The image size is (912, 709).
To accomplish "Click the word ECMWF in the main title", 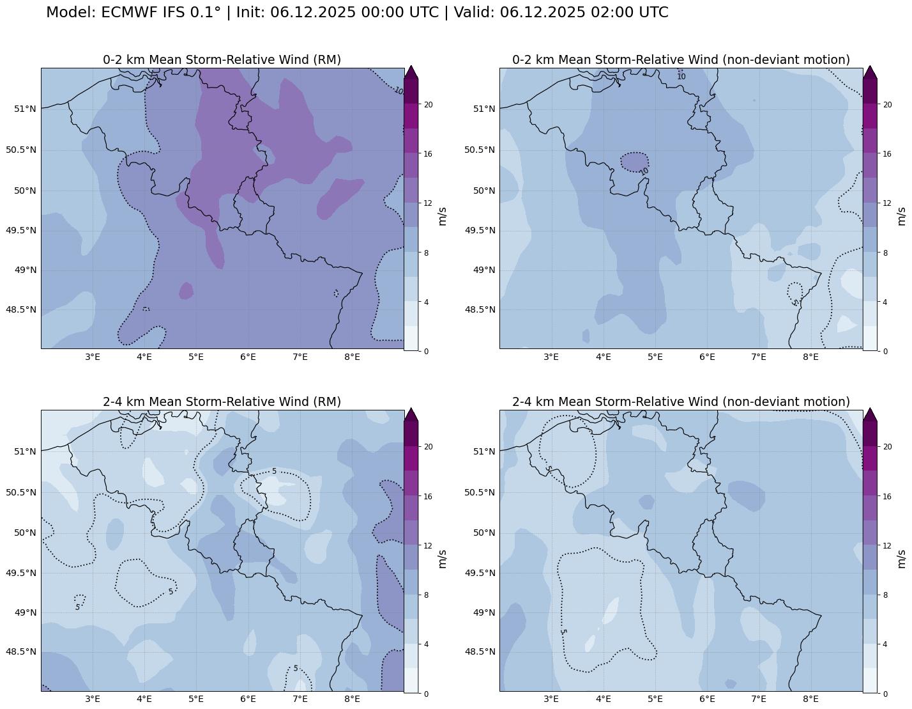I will tap(126, 12).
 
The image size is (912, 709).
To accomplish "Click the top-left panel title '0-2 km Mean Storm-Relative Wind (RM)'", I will tap(222, 59).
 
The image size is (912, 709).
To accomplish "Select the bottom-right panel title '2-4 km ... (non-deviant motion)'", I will tap(681, 401).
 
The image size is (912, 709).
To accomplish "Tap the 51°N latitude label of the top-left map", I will tap(25, 109).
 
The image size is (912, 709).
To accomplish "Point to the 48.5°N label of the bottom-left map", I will tap(21, 651).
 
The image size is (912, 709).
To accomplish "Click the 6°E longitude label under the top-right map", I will tap(707, 357).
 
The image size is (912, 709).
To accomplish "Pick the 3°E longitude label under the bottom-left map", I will tap(93, 699).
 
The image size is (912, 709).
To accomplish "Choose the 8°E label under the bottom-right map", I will tap(810, 699).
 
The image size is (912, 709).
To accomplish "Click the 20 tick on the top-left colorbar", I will tap(429, 105).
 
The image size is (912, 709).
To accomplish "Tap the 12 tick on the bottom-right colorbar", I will tap(887, 545).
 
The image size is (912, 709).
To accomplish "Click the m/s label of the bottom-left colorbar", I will tap(442, 558).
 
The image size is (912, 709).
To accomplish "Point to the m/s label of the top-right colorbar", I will tap(901, 216).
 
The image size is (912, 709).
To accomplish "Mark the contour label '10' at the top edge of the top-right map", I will tap(681, 77).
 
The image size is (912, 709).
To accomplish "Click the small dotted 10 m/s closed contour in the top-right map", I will tap(634, 162).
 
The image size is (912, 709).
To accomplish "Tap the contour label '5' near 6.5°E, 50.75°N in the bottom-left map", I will tap(274, 471).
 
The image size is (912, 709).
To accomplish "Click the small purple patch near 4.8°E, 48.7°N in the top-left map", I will tap(186, 291).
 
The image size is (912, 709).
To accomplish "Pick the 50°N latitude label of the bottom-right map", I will tap(483, 533).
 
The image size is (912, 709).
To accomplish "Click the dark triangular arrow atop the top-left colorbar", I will tap(411, 73).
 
